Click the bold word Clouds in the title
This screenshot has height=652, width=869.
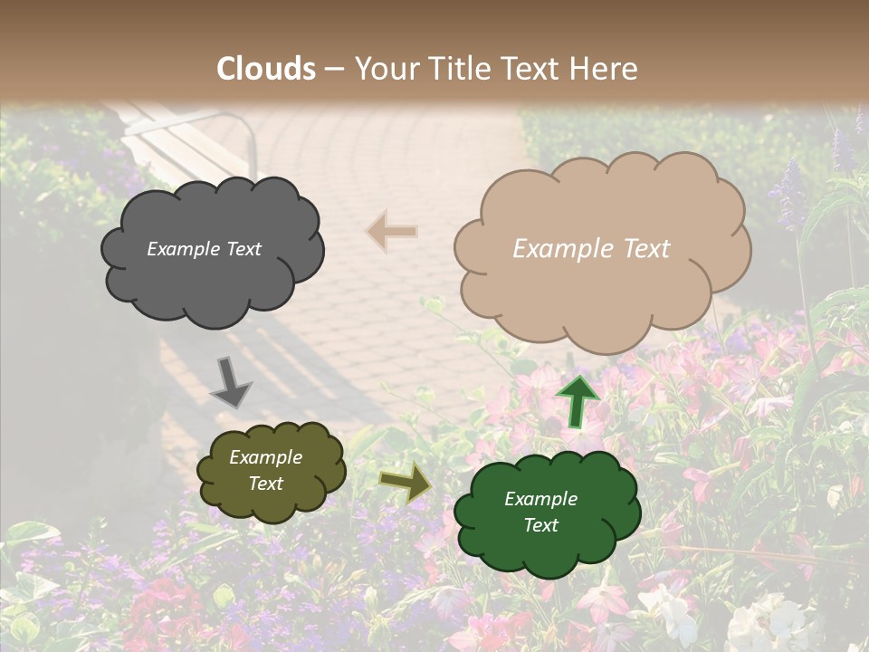click(x=266, y=69)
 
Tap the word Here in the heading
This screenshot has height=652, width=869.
click(x=603, y=69)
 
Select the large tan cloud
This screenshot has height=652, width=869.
click(x=602, y=299)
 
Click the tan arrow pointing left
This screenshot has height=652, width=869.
click(x=392, y=232)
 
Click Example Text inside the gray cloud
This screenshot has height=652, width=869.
click(x=204, y=249)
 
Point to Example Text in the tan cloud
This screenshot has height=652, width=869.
click(x=591, y=249)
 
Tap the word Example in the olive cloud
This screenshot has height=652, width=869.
click(x=265, y=457)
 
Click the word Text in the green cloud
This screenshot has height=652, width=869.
click(x=540, y=525)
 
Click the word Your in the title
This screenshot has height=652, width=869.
click(x=386, y=69)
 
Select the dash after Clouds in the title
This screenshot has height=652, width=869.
click(x=334, y=69)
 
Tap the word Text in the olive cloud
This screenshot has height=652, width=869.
click(x=265, y=484)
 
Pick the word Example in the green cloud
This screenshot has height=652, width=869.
click(x=540, y=499)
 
